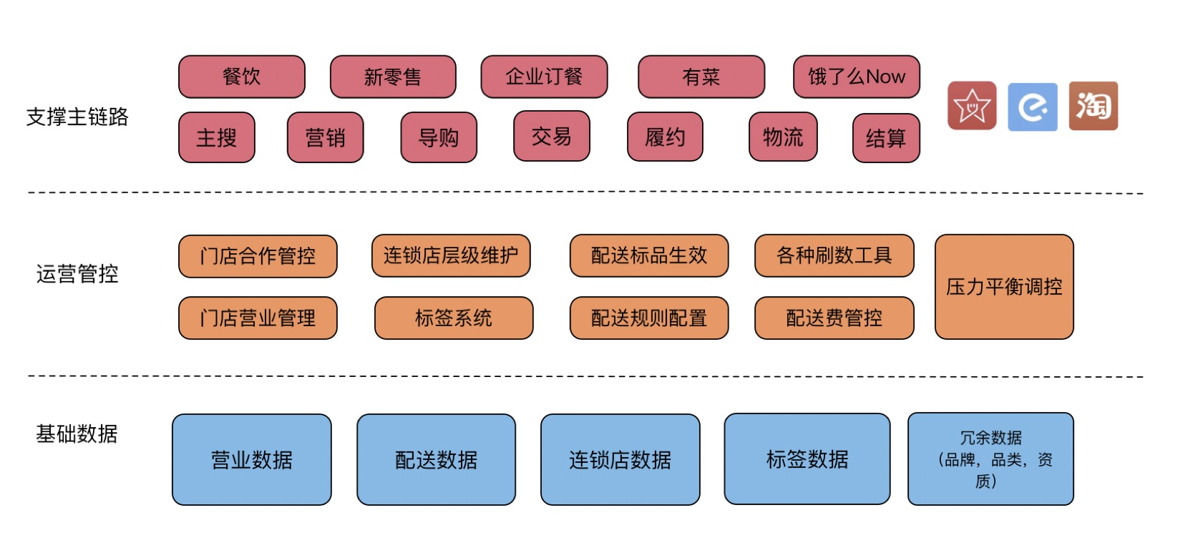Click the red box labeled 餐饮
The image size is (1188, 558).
click(x=241, y=77)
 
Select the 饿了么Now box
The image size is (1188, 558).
click(x=856, y=77)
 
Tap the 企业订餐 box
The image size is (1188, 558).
click(x=544, y=77)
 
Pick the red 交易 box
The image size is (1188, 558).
click(x=551, y=136)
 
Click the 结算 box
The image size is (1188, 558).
click(x=886, y=138)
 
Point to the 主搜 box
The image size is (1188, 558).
click(x=216, y=137)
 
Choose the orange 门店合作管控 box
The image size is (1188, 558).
click(x=258, y=256)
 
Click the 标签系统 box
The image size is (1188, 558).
click(x=454, y=318)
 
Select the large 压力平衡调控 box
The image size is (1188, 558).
click(x=1004, y=287)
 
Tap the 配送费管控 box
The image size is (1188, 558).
click(x=834, y=318)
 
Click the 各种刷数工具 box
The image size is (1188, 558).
click(x=834, y=255)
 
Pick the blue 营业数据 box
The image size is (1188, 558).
click(x=252, y=459)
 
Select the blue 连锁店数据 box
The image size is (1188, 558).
click(x=620, y=459)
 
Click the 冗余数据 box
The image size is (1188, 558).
click(x=990, y=459)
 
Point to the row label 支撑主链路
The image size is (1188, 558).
click(x=77, y=117)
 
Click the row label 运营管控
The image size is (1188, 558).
click(x=77, y=273)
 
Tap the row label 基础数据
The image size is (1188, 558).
click(x=77, y=434)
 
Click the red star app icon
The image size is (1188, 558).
click(x=971, y=106)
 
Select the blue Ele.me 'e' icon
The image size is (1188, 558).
click(x=1032, y=107)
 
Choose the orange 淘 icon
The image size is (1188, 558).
click(x=1093, y=106)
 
